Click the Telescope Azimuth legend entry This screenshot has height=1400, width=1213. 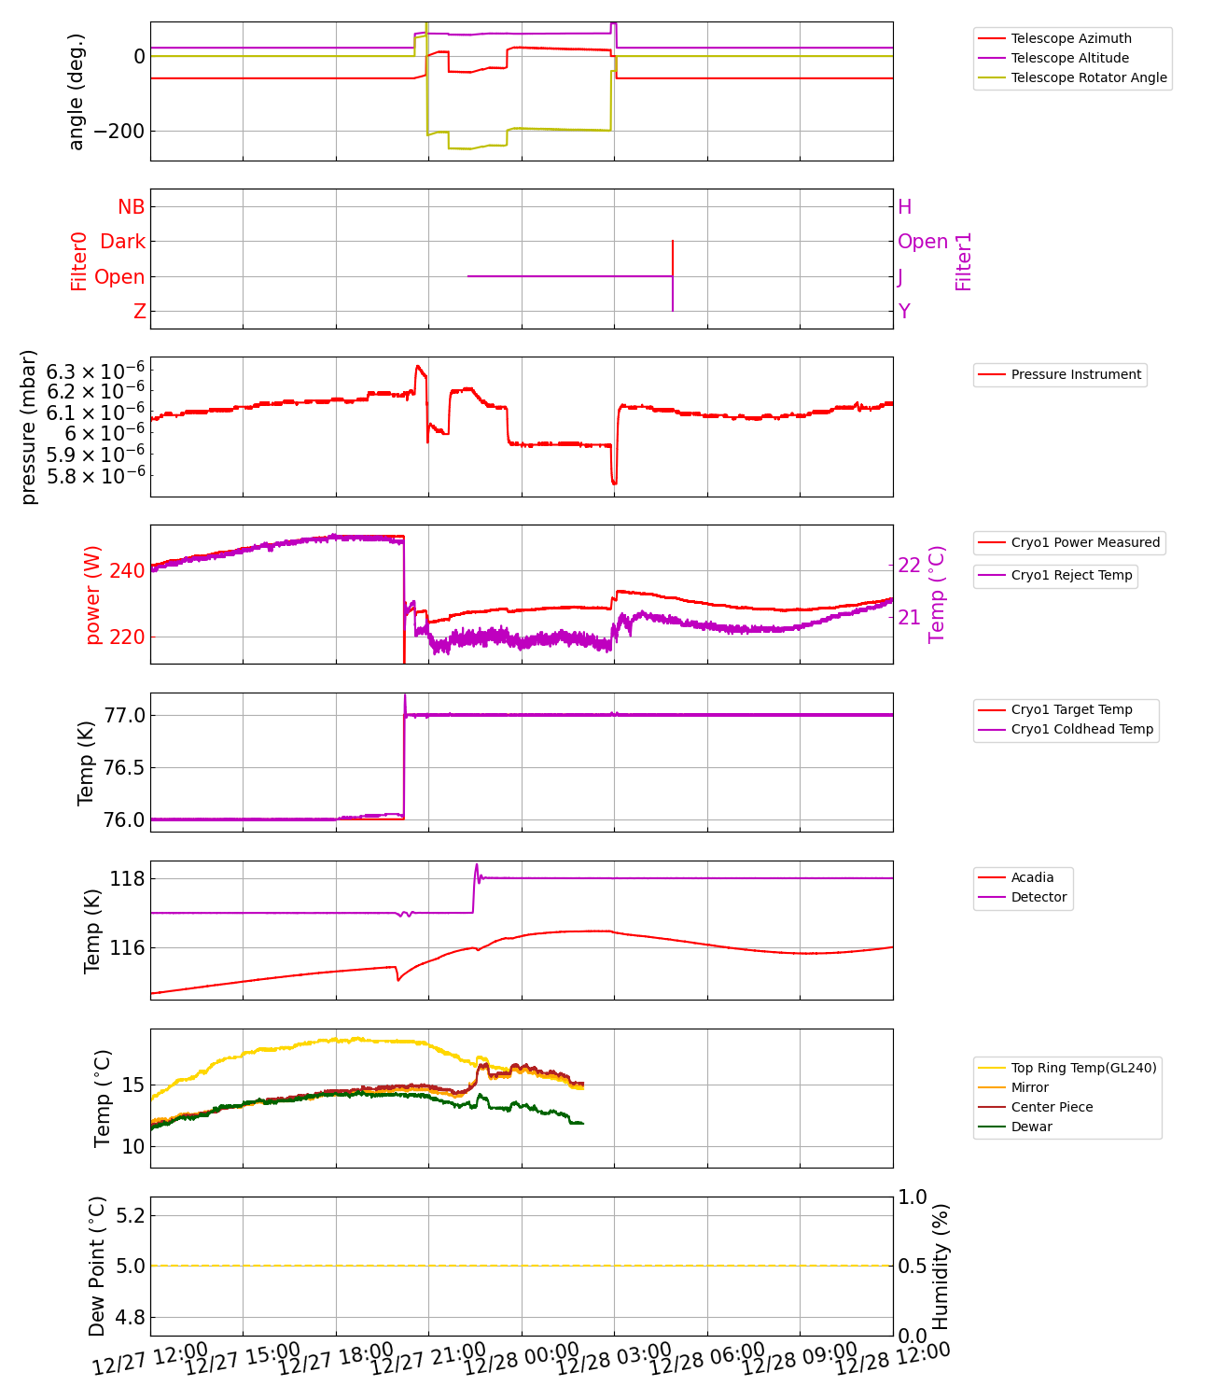pos(1070,38)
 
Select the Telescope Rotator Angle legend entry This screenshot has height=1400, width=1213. pos(1088,77)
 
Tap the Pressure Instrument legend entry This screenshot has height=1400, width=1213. pos(1075,374)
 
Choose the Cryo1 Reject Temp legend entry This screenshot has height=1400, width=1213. pos(1071,575)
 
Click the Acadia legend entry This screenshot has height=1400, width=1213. pos(1032,877)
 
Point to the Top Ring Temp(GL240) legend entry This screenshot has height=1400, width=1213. pos(1083,1068)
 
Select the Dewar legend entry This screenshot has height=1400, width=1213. pos(1031,1127)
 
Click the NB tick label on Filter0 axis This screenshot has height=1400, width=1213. pos(131,207)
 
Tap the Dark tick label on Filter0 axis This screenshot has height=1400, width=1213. pos(122,242)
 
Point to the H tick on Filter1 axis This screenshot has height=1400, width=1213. pos(904,207)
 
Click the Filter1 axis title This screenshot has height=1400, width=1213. pos(964,261)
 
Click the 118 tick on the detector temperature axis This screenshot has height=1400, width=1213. pos(127,878)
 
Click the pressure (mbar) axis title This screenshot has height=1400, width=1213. pos(29,427)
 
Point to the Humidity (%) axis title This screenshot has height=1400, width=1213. pos(941,1266)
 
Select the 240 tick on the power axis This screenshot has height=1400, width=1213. pos(127,570)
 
